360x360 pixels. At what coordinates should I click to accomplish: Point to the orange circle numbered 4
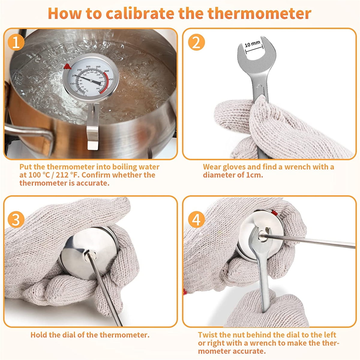coord(196,220)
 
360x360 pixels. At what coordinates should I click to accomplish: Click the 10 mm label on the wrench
coord(252,44)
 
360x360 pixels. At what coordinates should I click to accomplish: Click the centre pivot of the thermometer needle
coord(91,79)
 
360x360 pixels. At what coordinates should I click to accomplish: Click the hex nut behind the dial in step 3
coord(89,257)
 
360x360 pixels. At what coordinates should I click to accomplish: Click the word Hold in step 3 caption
coord(39,335)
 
